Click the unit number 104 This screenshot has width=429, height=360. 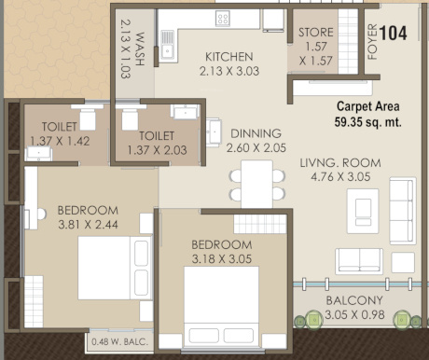(394, 34)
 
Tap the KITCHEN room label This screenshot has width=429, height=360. (229, 57)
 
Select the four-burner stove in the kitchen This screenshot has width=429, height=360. (223, 18)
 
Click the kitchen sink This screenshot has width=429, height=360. (168, 46)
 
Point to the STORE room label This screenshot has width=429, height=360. (316, 33)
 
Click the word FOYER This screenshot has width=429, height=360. (372, 42)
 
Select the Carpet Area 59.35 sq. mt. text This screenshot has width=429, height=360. (368, 114)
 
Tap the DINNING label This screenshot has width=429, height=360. (256, 133)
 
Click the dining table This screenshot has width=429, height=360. (256, 184)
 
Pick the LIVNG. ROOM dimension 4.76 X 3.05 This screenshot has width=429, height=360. (340, 177)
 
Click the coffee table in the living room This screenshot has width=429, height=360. (363, 211)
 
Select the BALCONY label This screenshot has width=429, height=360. (354, 300)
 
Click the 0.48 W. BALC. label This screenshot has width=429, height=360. (119, 342)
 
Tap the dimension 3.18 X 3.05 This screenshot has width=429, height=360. (222, 259)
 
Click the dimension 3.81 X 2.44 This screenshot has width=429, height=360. (88, 225)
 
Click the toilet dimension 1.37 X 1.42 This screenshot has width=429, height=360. (60, 141)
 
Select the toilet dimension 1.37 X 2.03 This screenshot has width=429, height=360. (158, 150)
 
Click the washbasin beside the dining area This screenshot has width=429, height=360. (214, 132)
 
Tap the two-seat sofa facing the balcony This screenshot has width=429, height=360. (359, 261)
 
